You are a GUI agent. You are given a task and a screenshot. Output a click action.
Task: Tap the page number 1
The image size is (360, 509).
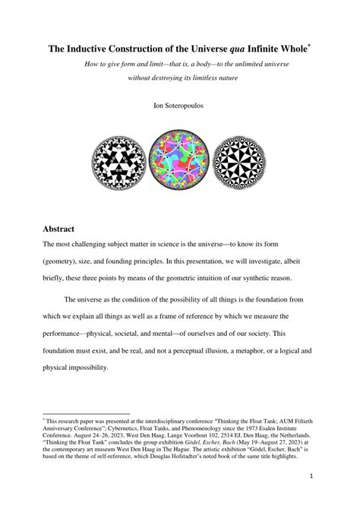tap(311, 476)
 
